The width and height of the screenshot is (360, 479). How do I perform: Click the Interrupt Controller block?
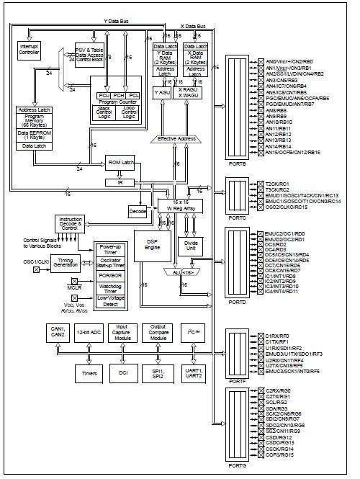[29, 49]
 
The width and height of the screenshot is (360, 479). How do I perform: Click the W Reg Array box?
[181, 207]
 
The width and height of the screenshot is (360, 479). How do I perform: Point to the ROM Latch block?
[121, 164]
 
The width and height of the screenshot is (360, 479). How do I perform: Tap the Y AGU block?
[162, 93]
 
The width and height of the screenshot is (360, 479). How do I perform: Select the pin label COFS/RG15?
[280, 456]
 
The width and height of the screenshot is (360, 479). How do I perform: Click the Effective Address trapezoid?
[177, 138]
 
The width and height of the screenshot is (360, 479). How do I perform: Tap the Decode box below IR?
[137, 212]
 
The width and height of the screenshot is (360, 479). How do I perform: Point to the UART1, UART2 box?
[194, 372]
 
